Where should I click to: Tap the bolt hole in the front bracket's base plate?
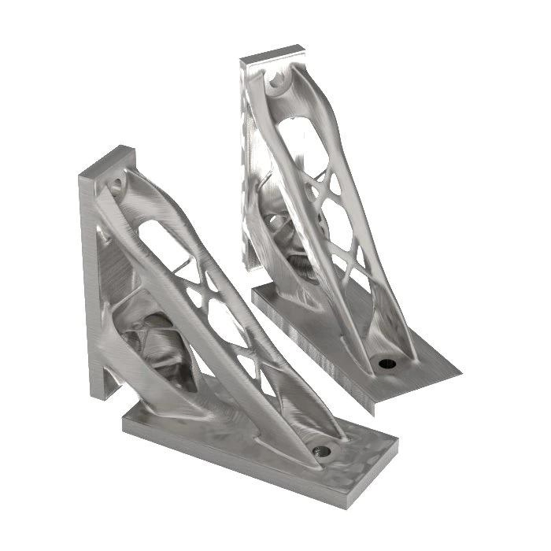click(x=321, y=452)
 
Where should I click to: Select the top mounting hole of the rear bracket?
click(x=275, y=80)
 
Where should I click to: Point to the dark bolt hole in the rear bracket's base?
click(x=386, y=363)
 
